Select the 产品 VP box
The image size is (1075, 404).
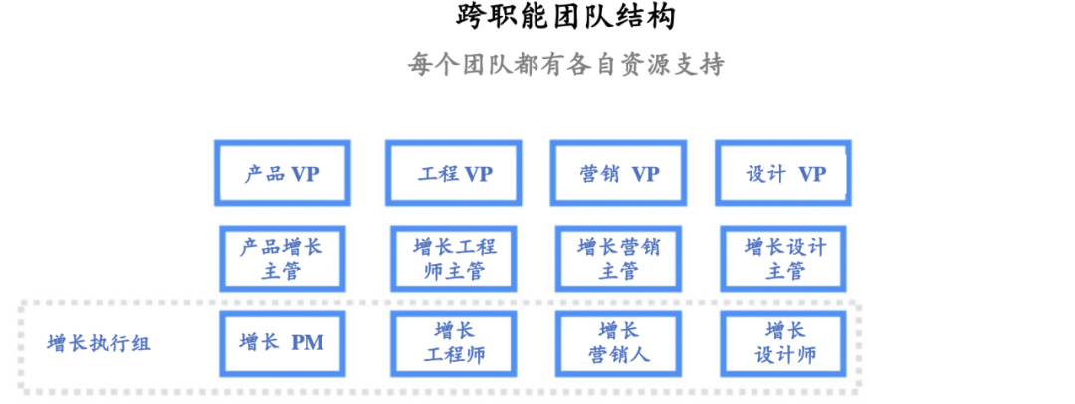coord(283,173)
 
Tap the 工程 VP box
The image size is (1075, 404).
coord(454,173)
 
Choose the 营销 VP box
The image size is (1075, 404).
coord(618,173)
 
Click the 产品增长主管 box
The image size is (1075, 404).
coord(283,258)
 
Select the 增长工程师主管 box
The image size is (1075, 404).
coord(454,258)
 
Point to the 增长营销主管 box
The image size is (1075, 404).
coord(618,258)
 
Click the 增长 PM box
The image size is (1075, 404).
coord(283,343)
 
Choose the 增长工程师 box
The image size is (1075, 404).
coord(454,343)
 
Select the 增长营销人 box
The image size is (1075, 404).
coord(618,343)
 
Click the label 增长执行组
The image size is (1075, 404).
coord(100,344)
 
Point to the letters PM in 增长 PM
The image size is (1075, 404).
coord(307,343)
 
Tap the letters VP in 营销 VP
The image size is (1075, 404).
coord(645,174)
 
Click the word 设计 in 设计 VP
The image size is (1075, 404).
coord(764,174)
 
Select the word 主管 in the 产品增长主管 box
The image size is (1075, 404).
coord(282,271)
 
